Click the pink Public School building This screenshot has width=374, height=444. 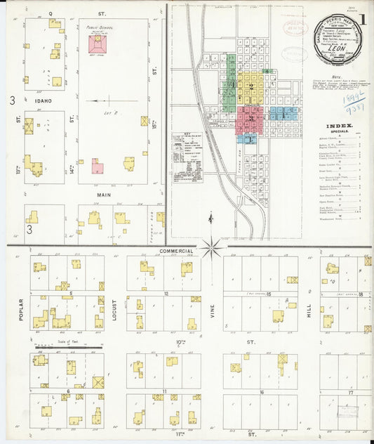click(97, 44)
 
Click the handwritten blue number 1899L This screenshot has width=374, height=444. click(352, 100)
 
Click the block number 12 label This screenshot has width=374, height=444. click(166, 294)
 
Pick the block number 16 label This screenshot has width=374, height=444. click(262, 393)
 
